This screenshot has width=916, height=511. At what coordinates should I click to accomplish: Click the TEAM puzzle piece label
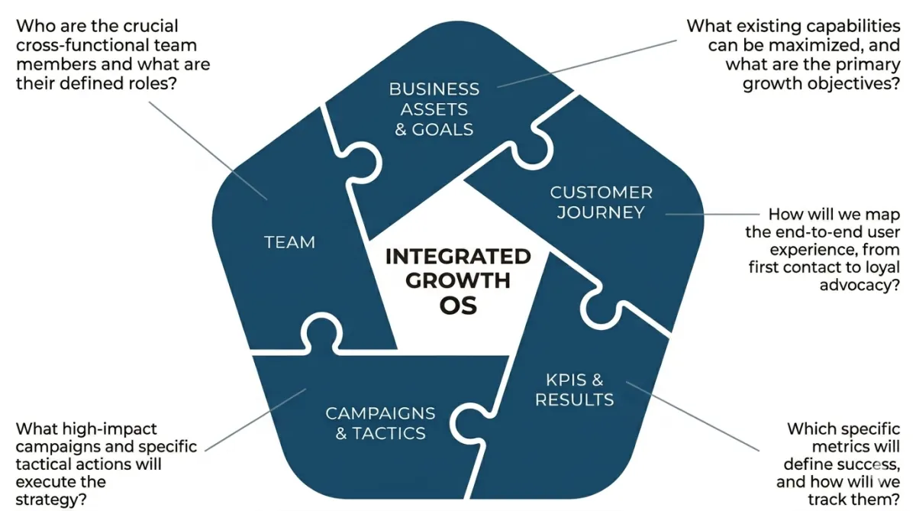pos(289,242)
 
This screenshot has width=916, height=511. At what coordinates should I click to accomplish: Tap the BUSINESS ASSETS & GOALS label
pos(434,109)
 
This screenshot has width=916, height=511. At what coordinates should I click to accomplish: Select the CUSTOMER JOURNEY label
pos(601,202)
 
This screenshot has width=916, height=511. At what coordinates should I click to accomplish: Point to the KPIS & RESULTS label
pos(574,389)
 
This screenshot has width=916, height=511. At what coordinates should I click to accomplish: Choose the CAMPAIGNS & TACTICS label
pos(380,423)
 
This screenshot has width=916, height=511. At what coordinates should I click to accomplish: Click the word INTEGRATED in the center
pos(457,256)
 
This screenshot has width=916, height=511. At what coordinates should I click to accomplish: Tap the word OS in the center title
pos(458,306)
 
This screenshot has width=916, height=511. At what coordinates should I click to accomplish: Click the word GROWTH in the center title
pos(457,280)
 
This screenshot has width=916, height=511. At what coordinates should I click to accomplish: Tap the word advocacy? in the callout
pos(860,285)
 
